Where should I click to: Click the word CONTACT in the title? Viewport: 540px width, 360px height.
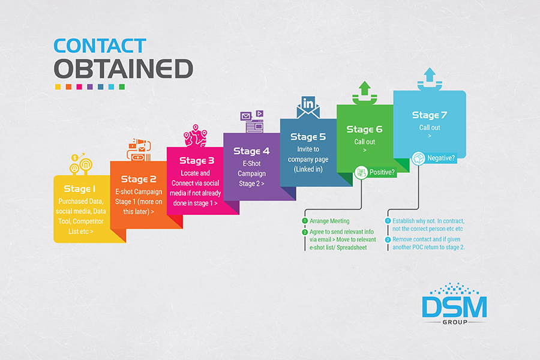100,46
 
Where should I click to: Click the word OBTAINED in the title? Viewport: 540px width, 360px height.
123,68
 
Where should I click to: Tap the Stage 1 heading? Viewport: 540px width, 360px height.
80,189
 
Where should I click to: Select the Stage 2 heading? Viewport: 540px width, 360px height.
139,179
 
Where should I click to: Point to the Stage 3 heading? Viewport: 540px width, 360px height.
197,161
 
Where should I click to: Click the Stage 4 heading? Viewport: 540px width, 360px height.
251,151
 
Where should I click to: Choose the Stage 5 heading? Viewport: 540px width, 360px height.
308,137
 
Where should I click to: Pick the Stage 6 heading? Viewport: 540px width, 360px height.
364,129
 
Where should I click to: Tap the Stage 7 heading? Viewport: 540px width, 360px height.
430,115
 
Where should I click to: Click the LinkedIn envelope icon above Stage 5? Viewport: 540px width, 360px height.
308,107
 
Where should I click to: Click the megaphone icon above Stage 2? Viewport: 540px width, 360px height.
139,150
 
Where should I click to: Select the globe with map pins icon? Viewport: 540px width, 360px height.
195,136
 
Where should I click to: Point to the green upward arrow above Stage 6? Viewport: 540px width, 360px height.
364,88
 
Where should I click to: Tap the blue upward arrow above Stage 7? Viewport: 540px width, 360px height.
430,74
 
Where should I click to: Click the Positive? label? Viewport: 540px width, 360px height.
382,172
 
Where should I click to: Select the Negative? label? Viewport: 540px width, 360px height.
441,158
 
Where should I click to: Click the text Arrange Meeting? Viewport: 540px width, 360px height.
329,221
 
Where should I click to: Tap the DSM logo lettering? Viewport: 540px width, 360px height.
454,307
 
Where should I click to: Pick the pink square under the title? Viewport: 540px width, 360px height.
79,87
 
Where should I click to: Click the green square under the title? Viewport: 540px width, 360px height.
122,87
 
